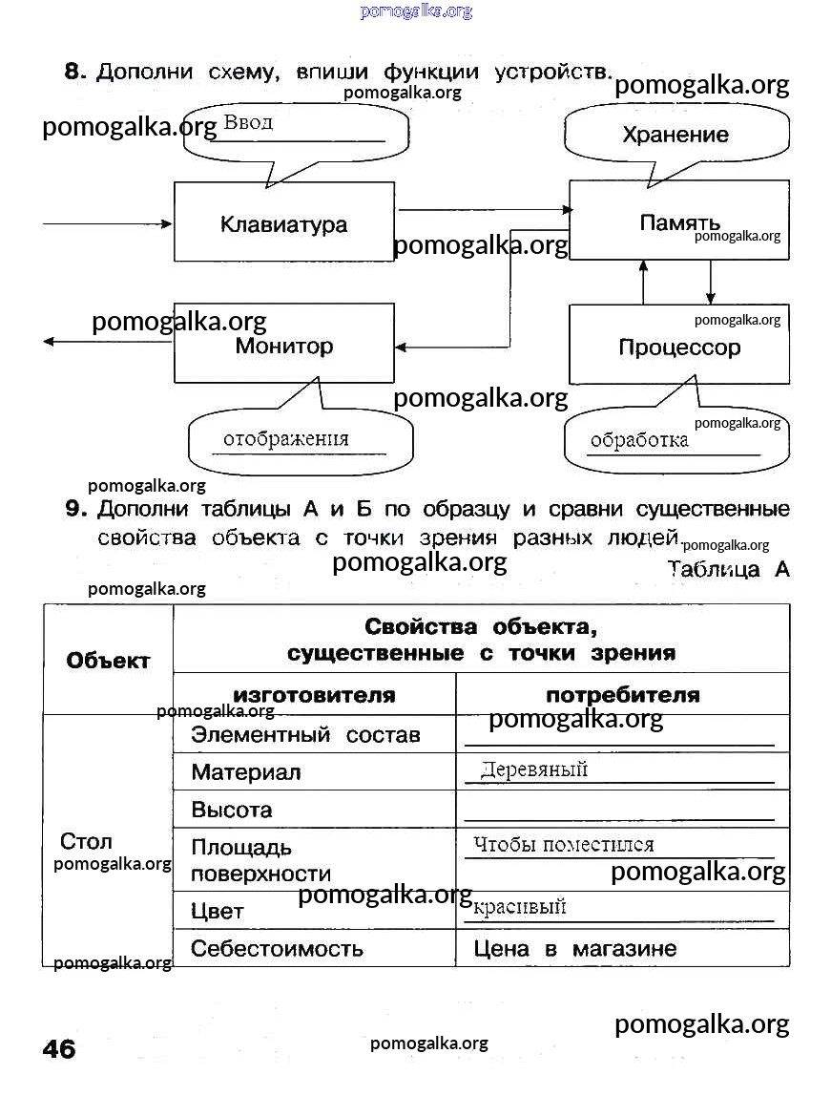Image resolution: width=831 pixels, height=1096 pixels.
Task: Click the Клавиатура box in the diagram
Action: click(284, 224)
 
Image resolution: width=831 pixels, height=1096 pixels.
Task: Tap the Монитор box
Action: click(284, 346)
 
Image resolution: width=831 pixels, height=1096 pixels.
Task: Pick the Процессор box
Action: click(679, 347)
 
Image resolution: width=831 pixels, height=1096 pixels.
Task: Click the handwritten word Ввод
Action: click(248, 122)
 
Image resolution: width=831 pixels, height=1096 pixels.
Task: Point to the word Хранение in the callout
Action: click(675, 135)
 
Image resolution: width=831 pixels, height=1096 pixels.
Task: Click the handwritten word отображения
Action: click(286, 439)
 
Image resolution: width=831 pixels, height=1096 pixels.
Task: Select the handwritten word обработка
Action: click(639, 440)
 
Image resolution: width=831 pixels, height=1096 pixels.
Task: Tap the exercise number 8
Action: click(75, 71)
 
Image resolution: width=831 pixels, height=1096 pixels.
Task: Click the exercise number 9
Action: click(76, 508)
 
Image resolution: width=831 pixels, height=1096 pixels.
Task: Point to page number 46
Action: click(59, 1048)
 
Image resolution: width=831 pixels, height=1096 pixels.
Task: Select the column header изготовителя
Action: click(314, 695)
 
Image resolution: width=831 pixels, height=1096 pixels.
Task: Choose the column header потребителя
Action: click(622, 695)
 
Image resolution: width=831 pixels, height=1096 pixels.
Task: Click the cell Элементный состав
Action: click(305, 735)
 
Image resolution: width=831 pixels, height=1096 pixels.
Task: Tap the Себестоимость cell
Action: click(278, 948)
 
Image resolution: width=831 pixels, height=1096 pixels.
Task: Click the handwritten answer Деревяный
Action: click(534, 769)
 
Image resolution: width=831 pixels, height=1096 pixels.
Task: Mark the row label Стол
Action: click(86, 841)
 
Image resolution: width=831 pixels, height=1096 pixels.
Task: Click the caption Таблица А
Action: click(728, 569)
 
